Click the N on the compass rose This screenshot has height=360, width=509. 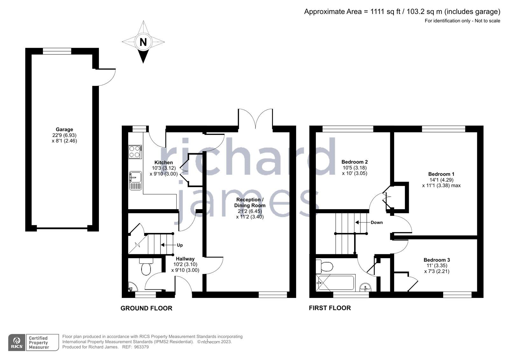pos(143,42)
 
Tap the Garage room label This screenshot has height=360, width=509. pos(64,130)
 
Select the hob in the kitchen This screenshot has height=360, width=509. pos(135,152)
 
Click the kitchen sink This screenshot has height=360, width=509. pos(136,180)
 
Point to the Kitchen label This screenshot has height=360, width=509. pos(164,163)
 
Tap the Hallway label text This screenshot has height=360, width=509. pos(185,259)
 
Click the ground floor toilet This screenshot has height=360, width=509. pos(146,268)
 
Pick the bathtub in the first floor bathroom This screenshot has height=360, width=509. pos(335,283)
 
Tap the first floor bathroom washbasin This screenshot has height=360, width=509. pos(365,287)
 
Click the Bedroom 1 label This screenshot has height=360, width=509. pos(441,174)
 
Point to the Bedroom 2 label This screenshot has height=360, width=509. pos(354,162)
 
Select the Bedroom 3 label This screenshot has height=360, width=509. pos(436,260)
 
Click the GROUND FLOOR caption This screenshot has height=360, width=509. pos(146,308)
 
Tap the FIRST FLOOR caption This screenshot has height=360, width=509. pos(330,308)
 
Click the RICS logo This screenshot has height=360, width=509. pos(17,342)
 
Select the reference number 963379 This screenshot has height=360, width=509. pos(141,347)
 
